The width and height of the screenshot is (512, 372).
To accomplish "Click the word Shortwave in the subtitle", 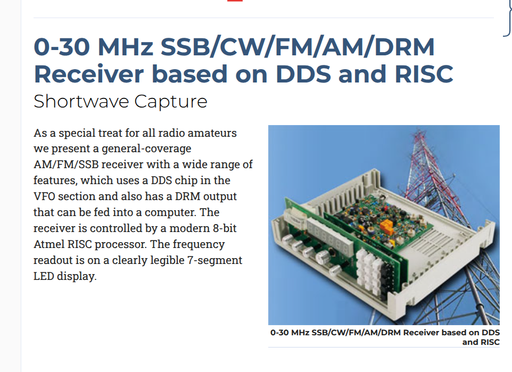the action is tap(81, 101).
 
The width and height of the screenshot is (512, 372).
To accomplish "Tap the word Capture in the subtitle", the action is tap(171, 102).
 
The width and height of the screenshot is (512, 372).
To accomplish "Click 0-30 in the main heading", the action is tap(62, 47).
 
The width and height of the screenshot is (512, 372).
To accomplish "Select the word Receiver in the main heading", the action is tap(89, 74).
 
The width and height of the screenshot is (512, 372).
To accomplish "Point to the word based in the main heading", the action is tap(189, 74).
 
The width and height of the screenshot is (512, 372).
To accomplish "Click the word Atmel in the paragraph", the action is tap(48, 244).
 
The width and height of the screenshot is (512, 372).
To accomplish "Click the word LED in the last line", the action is tap(44, 276).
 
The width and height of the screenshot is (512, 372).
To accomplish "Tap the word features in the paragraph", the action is tap(55, 180).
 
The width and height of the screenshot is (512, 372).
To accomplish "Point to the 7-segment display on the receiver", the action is tap(330, 237).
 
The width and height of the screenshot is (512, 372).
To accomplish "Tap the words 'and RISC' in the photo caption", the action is tap(481, 342).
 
